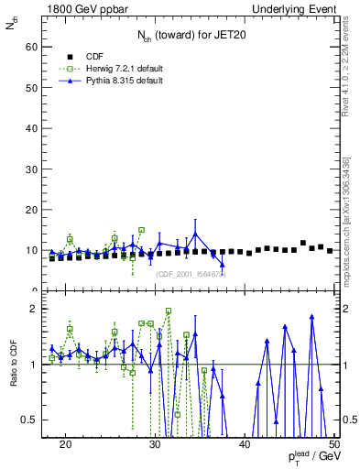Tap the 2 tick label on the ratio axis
[33, 309]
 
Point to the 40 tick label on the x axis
[245, 443]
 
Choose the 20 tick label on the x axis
[65, 443]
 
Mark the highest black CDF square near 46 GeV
[303, 243]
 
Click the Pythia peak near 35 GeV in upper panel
[195, 233]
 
